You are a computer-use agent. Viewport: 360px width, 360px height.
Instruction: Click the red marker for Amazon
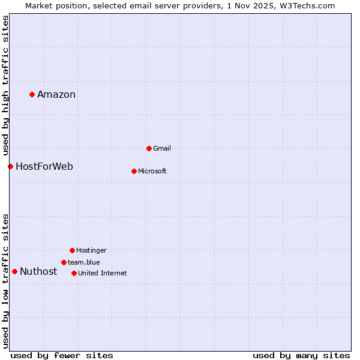(x=32, y=94)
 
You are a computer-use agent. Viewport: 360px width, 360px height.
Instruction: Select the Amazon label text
(x=56, y=94)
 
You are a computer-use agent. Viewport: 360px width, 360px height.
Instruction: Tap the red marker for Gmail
(x=149, y=148)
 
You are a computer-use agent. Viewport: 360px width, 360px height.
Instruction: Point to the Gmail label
(x=162, y=148)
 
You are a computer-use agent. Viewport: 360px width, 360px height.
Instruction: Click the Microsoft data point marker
(x=134, y=171)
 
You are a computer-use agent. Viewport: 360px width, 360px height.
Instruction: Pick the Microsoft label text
(x=152, y=171)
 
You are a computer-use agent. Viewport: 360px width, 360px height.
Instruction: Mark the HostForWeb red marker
(x=10, y=166)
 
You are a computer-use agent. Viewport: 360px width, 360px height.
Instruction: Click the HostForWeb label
(x=44, y=166)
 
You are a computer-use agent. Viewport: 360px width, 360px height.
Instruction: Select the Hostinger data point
(x=72, y=250)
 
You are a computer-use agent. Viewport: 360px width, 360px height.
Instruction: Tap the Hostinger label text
(x=91, y=250)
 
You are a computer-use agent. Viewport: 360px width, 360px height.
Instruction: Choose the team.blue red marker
(x=64, y=262)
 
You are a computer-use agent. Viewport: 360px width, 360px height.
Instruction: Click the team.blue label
(x=84, y=262)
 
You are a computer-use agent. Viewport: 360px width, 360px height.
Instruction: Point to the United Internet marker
(x=74, y=273)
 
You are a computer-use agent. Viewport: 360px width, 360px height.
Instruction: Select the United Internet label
(x=102, y=273)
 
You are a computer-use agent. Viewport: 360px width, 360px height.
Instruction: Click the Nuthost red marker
(x=14, y=271)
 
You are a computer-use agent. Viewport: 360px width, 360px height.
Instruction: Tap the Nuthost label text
(x=38, y=271)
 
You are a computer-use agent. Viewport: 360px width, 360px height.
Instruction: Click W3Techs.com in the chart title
(x=310, y=5)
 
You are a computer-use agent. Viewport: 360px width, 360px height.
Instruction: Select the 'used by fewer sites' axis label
(x=62, y=355)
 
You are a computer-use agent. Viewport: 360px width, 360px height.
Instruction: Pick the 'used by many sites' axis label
(x=301, y=355)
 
